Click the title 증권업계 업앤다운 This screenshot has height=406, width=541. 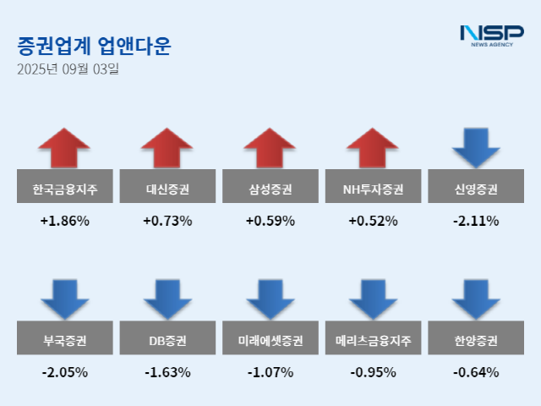click(x=94, y=46)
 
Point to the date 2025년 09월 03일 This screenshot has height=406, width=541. click(x=68, y=69)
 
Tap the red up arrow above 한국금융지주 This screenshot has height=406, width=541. click(x=64, y=148)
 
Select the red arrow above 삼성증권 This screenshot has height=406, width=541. click(x=270, y=148)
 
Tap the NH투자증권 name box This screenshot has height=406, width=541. click(x=373, y=189)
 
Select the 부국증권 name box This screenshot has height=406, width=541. click(x=64, y=342)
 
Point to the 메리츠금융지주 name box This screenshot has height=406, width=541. click(x=373, y=342)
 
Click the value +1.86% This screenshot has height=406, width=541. click(x=64, y=222)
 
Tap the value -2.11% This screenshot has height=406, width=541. click(x=475, y=222)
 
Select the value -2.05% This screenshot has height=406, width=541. click(x=64, y=372)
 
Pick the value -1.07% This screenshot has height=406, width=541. click(x=270, y=372)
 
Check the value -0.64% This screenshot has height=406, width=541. click(x=475, y=372)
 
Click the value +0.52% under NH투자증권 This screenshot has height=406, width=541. click(x=373, y=222)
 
